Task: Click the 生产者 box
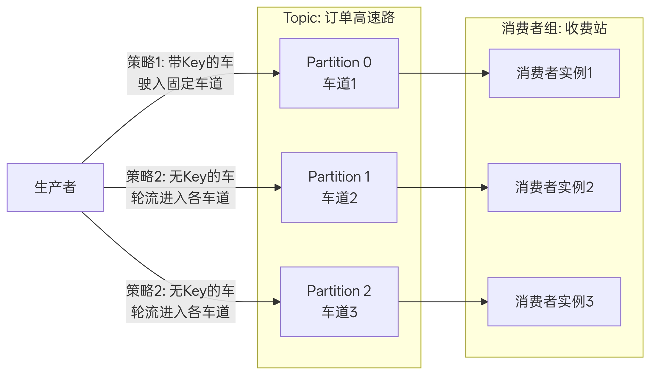click(x=55, y=187)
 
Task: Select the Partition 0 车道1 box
click(x=339, y=73)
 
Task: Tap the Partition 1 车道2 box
click(x=339, y=187)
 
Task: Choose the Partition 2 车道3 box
click(x=339, y=301)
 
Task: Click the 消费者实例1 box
click(x=554, y=73)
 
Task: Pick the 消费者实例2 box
click(x=554, y=187)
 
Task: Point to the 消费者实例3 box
click(x=554, y=301)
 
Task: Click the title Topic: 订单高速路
click(x=339, y=18)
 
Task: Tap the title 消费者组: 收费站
click(x=554, y=28)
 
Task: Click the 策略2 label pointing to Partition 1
click(x=180, y=187)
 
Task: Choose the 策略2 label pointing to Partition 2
click(x=180, y=301)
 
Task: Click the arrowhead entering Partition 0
click(x=276, y=73)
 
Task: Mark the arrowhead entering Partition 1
click(x=278, y=187)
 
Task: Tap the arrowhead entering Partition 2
click(x=277, y=302)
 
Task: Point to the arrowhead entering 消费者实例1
click(x=485, y=73)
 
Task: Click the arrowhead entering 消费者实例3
click(x=484, y=302)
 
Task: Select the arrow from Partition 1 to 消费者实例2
click(x=441, y=187)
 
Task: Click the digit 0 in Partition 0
click(x=367, y=62)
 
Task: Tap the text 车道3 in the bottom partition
click(x=339, y=312)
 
